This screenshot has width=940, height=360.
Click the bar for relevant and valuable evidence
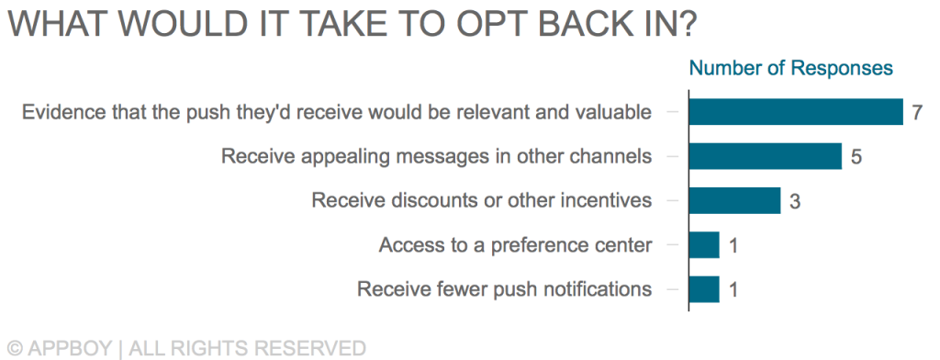pyautogui.click(x=796, y=112)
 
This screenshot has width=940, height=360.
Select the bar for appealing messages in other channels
pyautogui.click(x=765, y=156)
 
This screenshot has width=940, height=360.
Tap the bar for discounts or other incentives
pyautogui.click(x=734, y=200)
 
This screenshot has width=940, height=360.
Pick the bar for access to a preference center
pyautogui.click(x=704, y=245)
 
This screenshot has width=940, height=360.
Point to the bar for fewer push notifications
pyautogui.click(x=704, y=289)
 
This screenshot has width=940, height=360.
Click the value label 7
pyautogui.click(x=917, y=113)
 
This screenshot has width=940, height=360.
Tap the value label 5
pyautogui.click(x=856, y=157)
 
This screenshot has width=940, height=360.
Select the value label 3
pyautogui.click(x=795, y=202)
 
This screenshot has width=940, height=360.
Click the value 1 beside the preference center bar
pyautogui.click(x=733, y=246)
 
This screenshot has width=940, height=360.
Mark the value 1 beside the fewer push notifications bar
pyautogui.click(x=733, y=290)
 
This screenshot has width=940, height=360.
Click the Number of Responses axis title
pyautogui.click(x=790, y=68)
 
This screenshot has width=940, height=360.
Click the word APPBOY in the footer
pyautogui.click(x=70, y=349)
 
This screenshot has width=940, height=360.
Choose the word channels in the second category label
pyautogui.click(x=610, y=156)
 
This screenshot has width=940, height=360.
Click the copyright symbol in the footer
pyautogui.click(x=16, y=349)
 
